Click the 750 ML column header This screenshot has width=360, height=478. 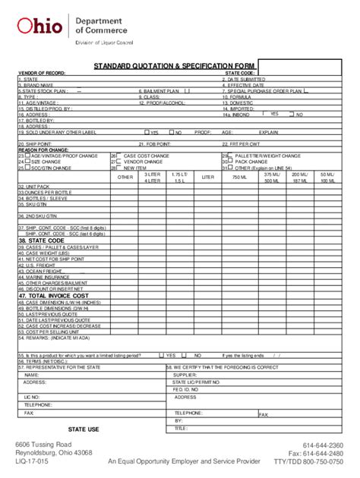[x=240, y=178]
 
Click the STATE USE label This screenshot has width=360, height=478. [x=84, y=429]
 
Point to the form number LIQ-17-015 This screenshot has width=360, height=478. [x=33, y=461]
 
